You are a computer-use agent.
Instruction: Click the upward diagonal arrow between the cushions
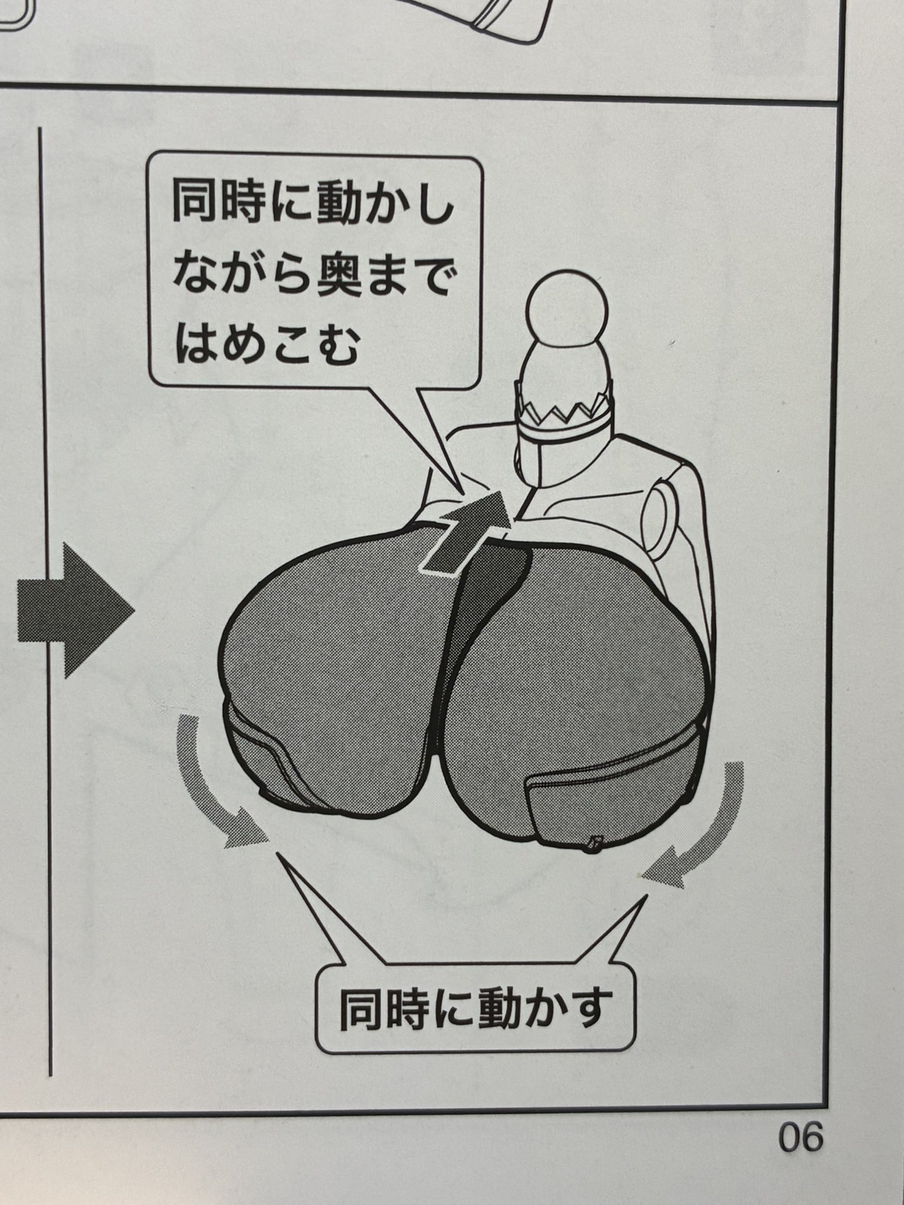465,530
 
